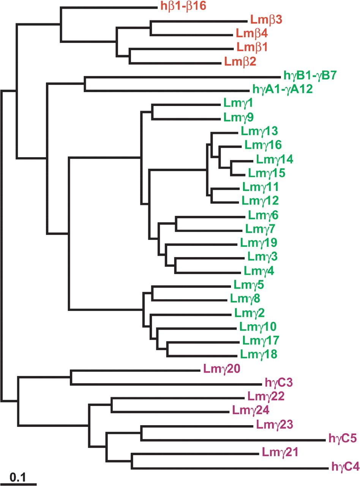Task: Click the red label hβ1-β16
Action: pyautogui.click(x=182, y=6)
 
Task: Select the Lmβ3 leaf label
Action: pyautogui.click(x=265, y=19)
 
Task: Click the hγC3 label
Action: pyautogui.click(x=276, y=381)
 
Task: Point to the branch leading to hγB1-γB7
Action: pyautogui.click(x=182, y=77)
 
